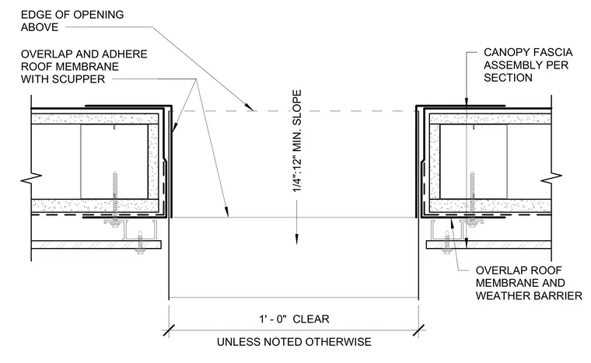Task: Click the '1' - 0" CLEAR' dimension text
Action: tap(294, 319)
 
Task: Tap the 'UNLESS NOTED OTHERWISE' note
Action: tap(294, 342)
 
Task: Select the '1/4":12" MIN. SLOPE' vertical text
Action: tap(297, 141)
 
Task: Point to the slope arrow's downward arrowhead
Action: tap(296, 239)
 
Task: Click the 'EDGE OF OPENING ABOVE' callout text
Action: tap(72, 21)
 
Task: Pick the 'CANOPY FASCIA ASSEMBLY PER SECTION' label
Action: tap(528, 65)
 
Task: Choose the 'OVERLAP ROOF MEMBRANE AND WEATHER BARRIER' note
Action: tap(529, 283)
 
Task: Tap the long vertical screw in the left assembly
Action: tap(115, 197)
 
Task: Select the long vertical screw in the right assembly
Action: tap(472, 200)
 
